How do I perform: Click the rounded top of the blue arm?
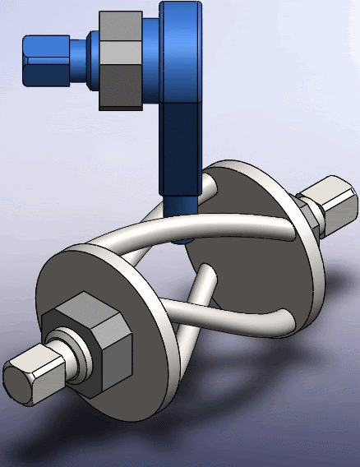(x=181, y=12)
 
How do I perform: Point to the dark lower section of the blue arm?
(x=181, y=148)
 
